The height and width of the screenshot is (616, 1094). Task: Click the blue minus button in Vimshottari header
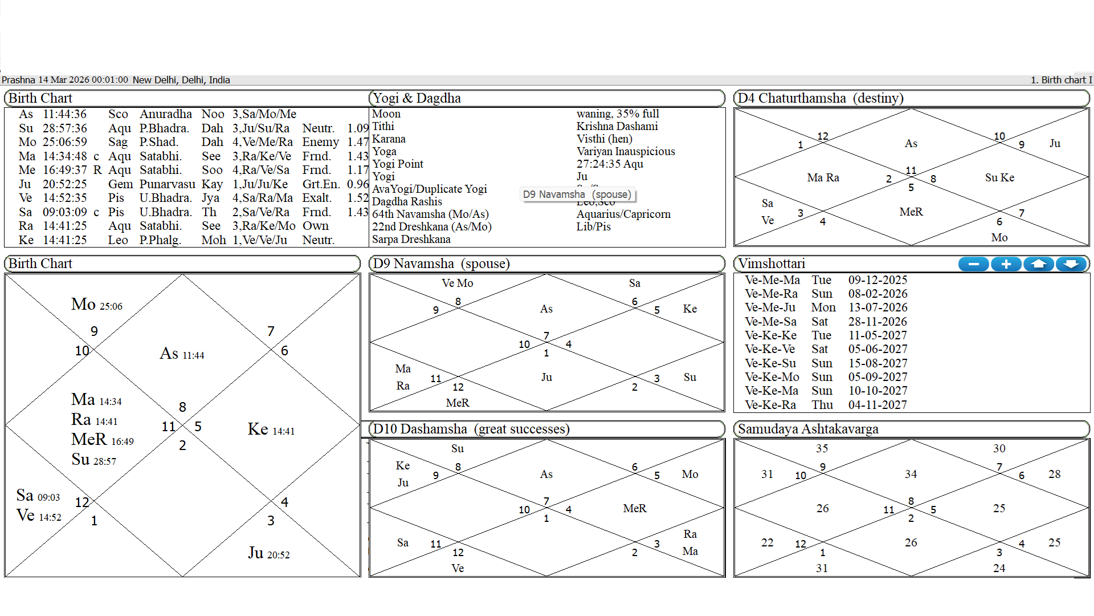[x=974, y=264]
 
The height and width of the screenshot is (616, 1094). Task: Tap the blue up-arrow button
[x=1039, y=264]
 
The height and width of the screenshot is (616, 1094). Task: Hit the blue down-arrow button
[x=1071, y=264]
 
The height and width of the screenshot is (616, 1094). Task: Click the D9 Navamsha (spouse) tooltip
[x=577, y=194]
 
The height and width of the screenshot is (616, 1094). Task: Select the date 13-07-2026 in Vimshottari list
[x=877, y=307]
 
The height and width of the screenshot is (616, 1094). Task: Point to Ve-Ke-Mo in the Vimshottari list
[x=772, y=377]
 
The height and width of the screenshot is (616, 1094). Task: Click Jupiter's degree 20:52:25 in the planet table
[x=65, y=184]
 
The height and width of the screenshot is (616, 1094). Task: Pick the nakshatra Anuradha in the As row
[x=165, y=114]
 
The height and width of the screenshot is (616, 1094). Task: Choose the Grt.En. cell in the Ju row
[x=321, y=184]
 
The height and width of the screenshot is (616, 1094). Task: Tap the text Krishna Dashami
[x=617, y=127]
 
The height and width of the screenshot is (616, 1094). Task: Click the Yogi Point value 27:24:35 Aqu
[x=610, y=164]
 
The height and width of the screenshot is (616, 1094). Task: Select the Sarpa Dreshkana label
[x=411, y=240]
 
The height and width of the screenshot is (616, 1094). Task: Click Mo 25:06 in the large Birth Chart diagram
[x=96, y=305]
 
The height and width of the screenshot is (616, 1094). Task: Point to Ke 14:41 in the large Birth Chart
[x=271, y=429]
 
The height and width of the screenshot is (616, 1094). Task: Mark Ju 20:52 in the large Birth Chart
[x=268, y=553]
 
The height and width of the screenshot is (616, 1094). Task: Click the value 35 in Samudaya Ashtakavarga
[x=822, y=449]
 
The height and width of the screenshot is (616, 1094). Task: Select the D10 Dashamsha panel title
[x=471, y=429]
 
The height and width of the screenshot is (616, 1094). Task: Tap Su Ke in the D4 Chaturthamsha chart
[x=999, y=178]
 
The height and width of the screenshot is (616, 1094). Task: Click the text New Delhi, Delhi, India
[x=181, y=80]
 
